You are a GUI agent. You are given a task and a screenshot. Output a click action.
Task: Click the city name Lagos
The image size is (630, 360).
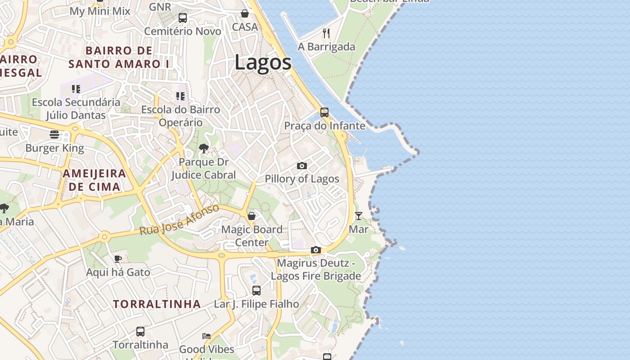tap(263, 63)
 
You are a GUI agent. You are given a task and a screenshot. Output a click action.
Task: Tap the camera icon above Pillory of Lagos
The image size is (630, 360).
tap(302, 166)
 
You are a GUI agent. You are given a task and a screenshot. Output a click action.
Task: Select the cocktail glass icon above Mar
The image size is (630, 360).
tap(358, 216)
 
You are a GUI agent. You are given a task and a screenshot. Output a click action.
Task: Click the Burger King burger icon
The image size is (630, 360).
tap(54, 134)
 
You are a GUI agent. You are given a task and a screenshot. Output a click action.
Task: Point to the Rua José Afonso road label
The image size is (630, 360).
tap(179, 220)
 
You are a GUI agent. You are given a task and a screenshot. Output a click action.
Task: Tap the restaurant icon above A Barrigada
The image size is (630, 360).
tap(327, 33)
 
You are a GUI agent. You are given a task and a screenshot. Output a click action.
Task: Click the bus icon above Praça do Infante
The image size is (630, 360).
tap(324, 112)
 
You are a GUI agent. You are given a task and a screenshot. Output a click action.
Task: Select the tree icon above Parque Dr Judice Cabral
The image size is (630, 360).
tap(203, 148)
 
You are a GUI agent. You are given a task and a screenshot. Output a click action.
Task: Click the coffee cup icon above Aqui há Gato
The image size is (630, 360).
tap(117, 258)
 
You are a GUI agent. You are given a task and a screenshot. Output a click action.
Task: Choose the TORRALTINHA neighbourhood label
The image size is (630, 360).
tap(157, 304)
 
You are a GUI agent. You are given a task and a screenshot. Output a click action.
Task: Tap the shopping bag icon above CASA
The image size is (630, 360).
tap(245, 13)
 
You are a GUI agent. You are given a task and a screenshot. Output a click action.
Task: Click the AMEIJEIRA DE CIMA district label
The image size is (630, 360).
tap(94, 180)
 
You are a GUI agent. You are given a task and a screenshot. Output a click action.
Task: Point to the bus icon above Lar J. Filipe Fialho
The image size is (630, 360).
tap(256, 290)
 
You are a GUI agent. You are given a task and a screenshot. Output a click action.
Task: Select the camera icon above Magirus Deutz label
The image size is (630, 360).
tap(316, 250)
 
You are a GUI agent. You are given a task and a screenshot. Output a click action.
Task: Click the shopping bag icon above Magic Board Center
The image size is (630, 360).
tap(252, 216)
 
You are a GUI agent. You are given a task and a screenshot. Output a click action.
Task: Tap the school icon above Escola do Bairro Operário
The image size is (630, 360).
tap(180, 96)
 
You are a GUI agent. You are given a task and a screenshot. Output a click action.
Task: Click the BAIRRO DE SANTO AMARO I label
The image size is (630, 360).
tap(119, 57)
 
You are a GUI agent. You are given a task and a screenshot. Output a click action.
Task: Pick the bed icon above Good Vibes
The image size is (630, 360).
tap(206, 336)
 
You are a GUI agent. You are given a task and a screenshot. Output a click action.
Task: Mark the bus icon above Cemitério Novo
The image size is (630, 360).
tap(182, 18)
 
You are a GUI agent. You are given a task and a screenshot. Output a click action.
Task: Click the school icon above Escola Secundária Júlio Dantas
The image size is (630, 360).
tap(76, 89)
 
